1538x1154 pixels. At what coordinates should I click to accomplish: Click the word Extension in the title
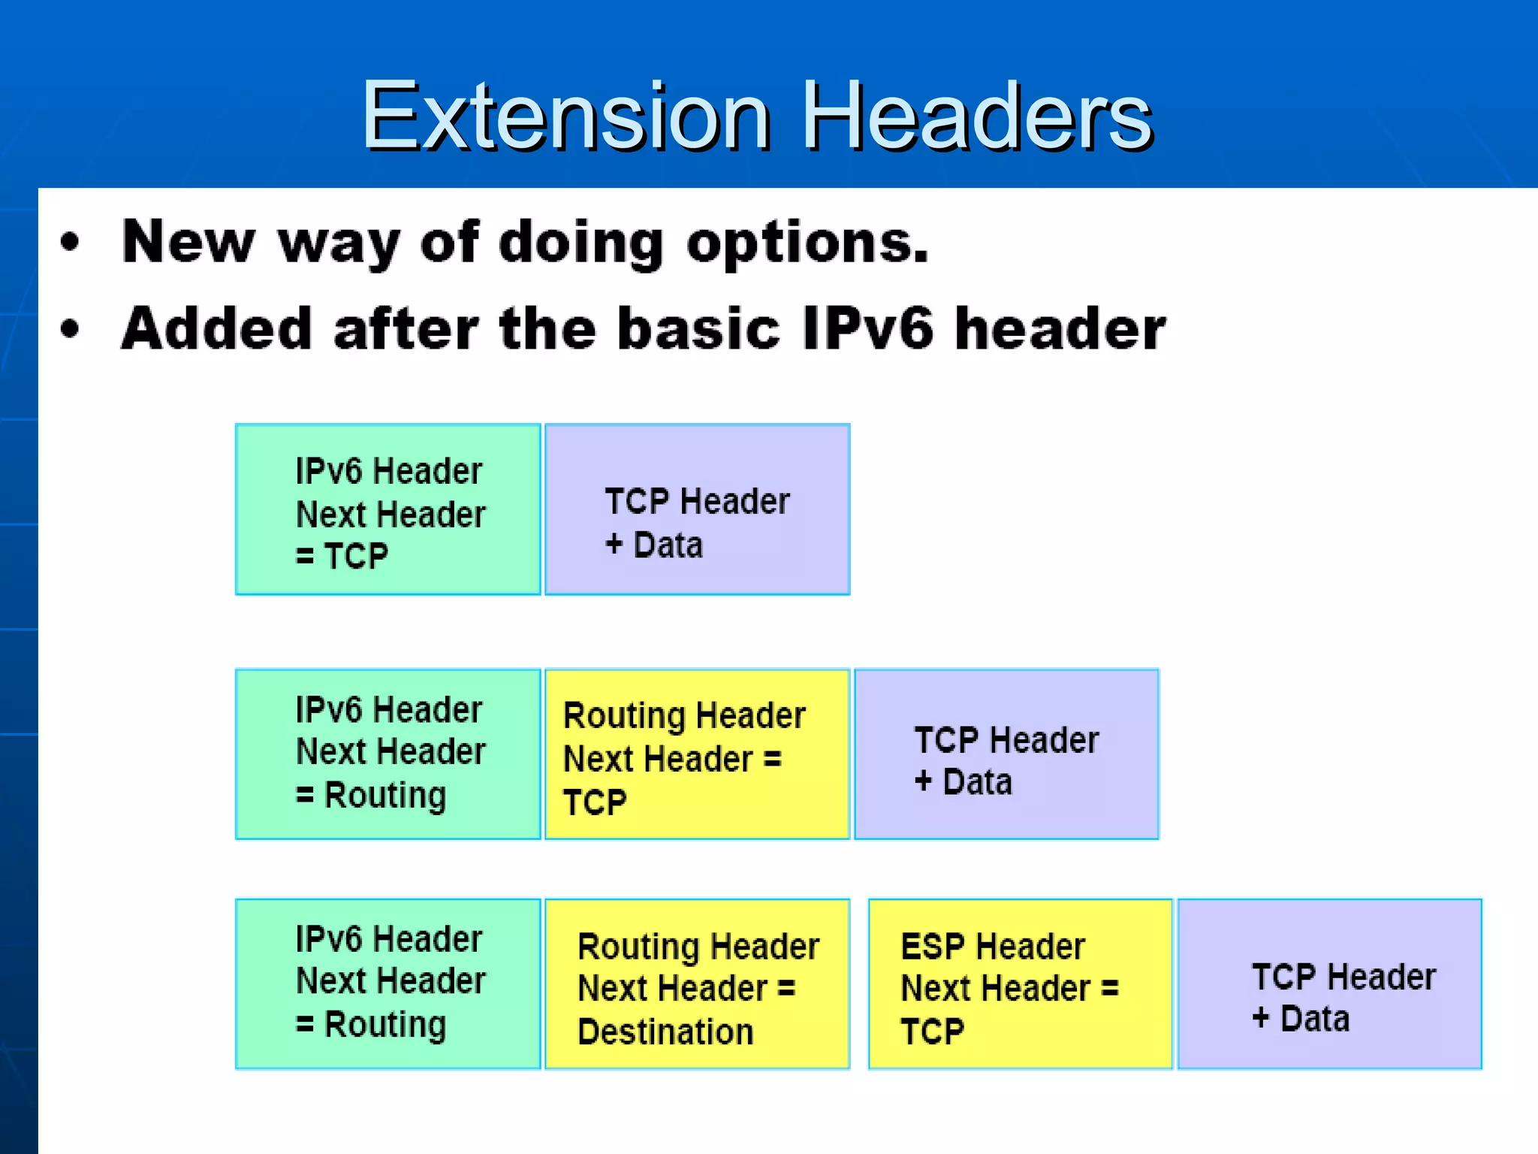click(565, 116)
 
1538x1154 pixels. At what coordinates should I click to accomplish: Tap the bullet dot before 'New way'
click(70, 243)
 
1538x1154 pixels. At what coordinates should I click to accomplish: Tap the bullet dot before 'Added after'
click(70, 329)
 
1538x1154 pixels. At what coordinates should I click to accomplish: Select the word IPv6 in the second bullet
click(867, 329)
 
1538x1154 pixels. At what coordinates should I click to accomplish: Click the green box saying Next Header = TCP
click(388, 509)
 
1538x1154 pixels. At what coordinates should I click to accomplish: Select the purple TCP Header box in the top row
click(697, 509)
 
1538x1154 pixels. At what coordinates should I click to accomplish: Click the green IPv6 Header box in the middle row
click(388, 754)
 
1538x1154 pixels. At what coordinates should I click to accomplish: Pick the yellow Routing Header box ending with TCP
click(697, 754)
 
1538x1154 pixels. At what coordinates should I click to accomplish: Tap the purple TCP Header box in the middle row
click(1006, 754)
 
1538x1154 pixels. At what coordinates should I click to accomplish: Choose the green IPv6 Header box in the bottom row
click(388, 983)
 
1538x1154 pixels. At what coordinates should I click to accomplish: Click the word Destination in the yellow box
click(665, 1032)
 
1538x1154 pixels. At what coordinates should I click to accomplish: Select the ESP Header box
click(1020, 983)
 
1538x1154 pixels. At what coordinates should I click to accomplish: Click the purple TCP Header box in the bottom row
click(1329, 983)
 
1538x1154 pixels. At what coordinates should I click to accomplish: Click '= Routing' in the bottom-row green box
click(371, 1024)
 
